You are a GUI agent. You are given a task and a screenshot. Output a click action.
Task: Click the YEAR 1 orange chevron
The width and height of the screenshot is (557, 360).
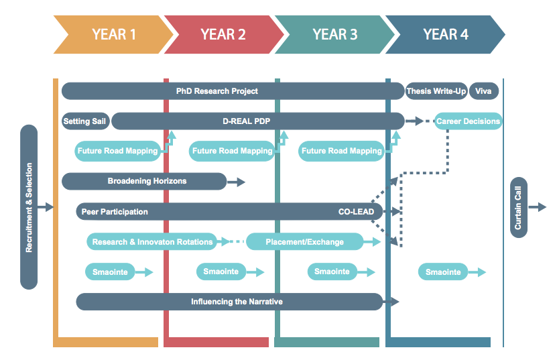(114, 34)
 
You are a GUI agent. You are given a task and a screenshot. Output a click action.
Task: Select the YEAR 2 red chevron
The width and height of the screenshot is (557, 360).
(224, 34)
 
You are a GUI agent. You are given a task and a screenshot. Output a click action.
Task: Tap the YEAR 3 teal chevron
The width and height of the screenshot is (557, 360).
(334, 34)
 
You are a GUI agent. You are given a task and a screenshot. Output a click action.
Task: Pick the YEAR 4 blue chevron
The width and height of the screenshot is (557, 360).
(446, 34)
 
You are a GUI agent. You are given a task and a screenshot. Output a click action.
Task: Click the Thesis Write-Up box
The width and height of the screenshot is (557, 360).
(436, 91)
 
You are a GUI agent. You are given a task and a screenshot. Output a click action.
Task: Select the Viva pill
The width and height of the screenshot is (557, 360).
(483, 91)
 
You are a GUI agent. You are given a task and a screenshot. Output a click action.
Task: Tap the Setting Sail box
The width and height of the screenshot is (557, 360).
(85, 121)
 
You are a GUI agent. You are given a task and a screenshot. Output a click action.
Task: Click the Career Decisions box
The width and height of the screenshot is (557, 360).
(468, 121)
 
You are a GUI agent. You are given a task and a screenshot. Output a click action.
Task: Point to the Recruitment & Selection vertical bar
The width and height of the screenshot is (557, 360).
(29, 207)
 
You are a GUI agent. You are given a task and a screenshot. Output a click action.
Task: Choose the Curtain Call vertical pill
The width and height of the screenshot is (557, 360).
(519, 208)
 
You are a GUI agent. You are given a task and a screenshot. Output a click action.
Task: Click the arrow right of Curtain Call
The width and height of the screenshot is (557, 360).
(538, 207)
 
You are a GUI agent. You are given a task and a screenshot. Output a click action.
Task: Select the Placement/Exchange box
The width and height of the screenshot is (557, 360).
(305, 241)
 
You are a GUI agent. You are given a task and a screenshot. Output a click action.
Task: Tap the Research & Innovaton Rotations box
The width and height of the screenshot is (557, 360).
(152, 241)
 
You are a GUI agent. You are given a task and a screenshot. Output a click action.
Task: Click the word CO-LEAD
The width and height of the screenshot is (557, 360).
(357, 212)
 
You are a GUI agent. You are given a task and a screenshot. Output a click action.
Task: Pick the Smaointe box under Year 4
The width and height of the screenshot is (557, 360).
(443, 272)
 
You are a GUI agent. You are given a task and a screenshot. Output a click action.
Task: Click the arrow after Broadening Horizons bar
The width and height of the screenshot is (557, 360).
(236, 182)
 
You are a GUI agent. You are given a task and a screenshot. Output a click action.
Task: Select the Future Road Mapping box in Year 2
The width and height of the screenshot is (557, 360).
(233, 151)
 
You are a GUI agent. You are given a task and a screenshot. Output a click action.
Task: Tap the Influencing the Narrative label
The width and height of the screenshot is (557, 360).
(237, 302)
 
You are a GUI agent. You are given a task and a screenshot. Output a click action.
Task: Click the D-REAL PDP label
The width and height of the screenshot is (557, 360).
(247, 121)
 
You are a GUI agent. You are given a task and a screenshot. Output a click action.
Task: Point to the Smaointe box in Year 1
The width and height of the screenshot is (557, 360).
(110, 272)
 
